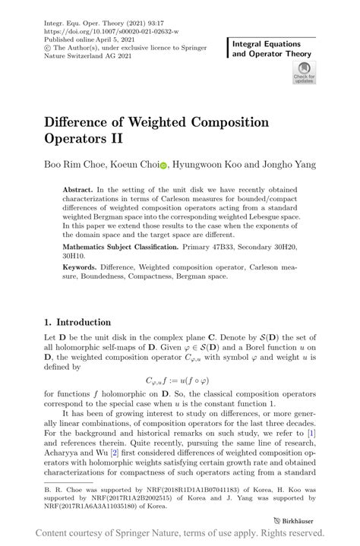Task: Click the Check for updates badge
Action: pyautogui.click(x=304, y=73)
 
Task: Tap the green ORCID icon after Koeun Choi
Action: pyautogui.click(x=163, y=164)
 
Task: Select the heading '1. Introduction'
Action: pyautogui.click(x=77, y=322)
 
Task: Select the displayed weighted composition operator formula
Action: pyautogui.click(x=178, y=381)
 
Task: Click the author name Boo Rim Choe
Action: pyautogui.click(x=72, y=164)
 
